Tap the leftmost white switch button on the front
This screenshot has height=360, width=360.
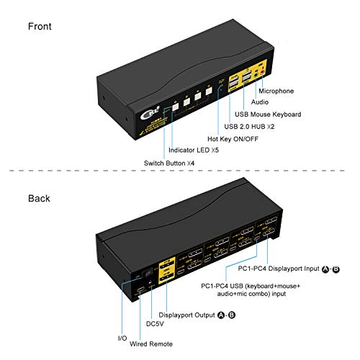pyautogui.click(x=175, y=104)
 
